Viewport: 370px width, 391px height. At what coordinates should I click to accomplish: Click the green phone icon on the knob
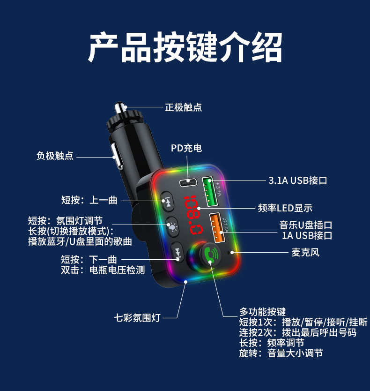point(211,255)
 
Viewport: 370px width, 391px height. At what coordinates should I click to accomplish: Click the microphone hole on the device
point(229,253)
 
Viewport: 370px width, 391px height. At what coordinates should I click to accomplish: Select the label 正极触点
point(184,107)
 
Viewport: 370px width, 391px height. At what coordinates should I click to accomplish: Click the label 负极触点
point(55,156)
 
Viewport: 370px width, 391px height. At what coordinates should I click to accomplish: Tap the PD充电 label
point(186,148)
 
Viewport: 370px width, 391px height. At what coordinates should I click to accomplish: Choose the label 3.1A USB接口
point(298,180)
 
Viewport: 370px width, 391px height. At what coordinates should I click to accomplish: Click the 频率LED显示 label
point(285,208)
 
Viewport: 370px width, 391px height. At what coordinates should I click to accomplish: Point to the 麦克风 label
point(305,253)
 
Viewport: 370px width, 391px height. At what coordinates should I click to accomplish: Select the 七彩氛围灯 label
point(137,318)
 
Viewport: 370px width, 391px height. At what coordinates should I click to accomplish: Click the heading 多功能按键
point(262,312)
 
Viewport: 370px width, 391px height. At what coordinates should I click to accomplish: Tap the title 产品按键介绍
point(185,48)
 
